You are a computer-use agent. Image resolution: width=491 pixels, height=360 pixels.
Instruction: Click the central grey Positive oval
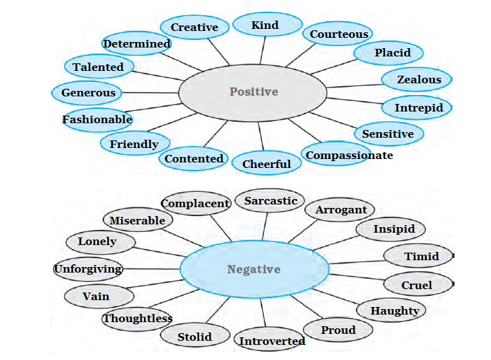coord(253,92)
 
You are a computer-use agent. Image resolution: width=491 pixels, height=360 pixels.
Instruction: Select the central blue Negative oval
coord(253,269)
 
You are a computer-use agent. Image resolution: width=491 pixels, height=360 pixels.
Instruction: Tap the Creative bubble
coord(194,28)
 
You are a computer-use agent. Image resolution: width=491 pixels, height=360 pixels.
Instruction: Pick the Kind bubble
coord(265,25)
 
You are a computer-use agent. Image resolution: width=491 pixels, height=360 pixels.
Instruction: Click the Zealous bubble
coord(418,80)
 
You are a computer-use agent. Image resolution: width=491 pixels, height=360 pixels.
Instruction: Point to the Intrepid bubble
coord(418,108)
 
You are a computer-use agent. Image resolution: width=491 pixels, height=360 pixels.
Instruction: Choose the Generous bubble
coord(88,92)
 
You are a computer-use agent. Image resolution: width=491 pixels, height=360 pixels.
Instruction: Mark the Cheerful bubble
coord(267,164)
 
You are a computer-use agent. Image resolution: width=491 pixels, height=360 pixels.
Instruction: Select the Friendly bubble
coord(134,144)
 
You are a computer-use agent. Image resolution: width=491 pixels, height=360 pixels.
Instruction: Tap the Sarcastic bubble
coord(271,201)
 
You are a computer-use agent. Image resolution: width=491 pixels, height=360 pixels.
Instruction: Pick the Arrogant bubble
coord(340,210)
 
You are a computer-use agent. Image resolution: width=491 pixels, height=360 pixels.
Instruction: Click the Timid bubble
coord(420,257)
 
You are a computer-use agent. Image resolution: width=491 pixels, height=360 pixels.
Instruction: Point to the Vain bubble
coord(96,297)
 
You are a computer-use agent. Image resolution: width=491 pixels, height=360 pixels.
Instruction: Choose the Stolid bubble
coord(194,337)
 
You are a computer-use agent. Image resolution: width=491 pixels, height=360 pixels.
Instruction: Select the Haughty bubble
coord(395,311)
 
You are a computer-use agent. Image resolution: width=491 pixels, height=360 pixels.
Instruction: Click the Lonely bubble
coord(97,242)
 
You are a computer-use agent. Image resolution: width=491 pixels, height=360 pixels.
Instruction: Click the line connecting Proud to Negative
coord(305,308)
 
